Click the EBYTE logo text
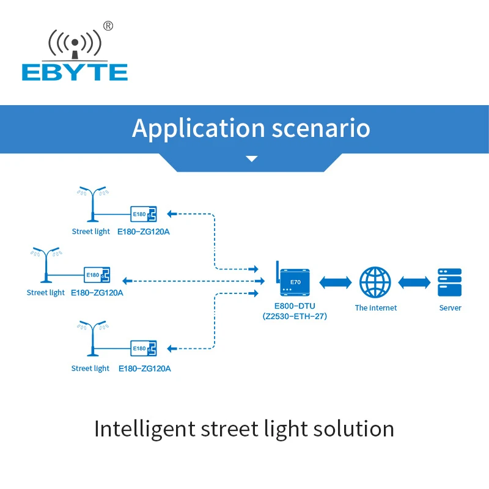pyautogui.click(x=75, y=72)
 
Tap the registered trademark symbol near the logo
pyautogui.click(x=108, y=26)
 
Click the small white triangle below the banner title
pyautogui.click(x=251, y=159)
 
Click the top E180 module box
pyautogui.click(x=144, y=214)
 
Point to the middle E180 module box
pyautogui.click(x=97, y=275)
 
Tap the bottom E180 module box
pyautogui.click(x=144, y=348)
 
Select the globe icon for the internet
pyautogui.click(x=375, y=282)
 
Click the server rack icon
pyautogui.click(x=450, y=282)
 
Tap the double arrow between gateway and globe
pyautogui.click(x=335, y=282)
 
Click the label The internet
pyautogui.click(x=376, y=308)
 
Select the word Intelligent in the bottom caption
pyautogui.click(x=144, y=428)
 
